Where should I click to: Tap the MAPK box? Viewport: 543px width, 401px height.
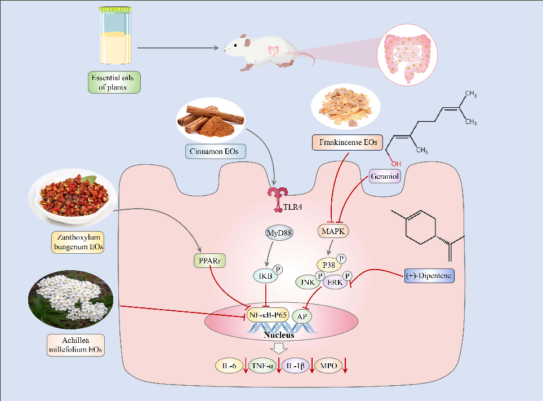pos(332,231)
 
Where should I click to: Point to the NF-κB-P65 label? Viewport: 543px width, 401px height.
pos(268,315)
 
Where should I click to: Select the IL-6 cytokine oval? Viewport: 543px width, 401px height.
pos(229,366)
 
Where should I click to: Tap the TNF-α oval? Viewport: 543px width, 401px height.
pos(263,366)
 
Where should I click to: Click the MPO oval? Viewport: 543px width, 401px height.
pos(329,366)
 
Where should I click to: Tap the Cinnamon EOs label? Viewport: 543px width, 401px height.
pos(210,150)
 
